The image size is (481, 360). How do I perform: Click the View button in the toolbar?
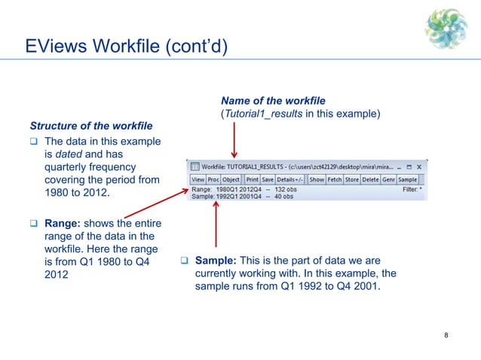[x=198, y=180]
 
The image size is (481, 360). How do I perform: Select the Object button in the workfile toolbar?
[x=231, y=180]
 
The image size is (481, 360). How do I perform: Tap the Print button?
[x=252, y=180]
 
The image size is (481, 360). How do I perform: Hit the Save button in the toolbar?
[x=268, y=180]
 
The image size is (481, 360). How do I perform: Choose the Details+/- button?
[x=290, y=180]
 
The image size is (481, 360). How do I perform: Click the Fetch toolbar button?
[x=335, y=180]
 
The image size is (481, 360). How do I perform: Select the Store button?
[x=352, y=180]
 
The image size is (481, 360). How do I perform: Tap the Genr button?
[x=389, y=180]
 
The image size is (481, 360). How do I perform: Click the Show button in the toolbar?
[x=317, y=180]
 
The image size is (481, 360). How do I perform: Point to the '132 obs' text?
[x=283, y=189]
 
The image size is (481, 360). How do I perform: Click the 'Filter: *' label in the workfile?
[x=410, y=189]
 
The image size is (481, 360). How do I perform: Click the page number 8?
[x=447, y=336]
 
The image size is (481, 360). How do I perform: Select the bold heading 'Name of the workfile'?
[x=272, y=101]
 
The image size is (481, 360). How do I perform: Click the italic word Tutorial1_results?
[x=262, y=114]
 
